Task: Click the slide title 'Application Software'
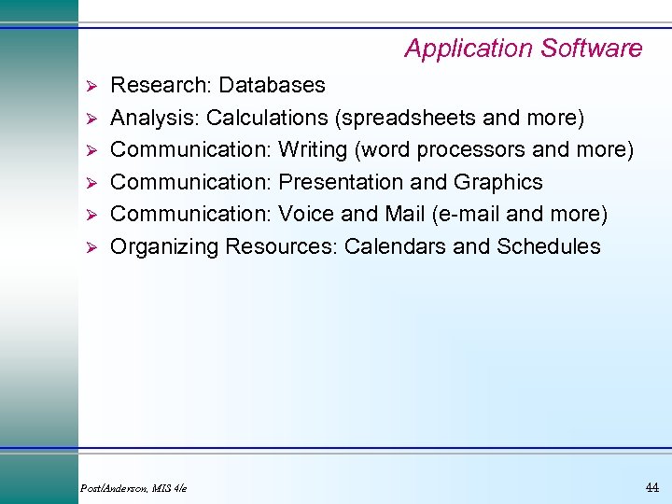coord(523,49)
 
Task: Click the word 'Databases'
coord(273,86)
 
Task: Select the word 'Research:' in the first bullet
coord(161,86)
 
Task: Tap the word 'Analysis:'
coord(155,119)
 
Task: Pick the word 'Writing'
coord(313,150)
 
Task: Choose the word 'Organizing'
coord(162,247)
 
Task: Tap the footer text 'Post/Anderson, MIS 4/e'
coord(134,489)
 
